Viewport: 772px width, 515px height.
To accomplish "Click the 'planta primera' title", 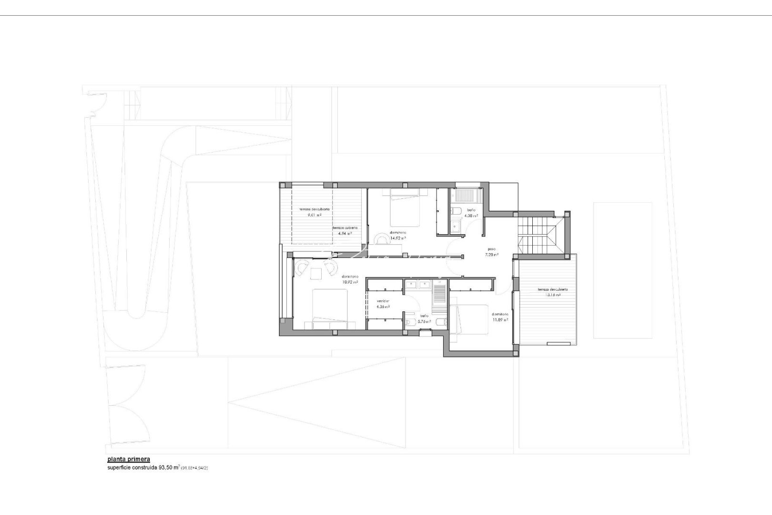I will [x=129, y=459].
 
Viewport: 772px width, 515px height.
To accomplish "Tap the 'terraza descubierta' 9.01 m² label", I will [x=314, y=212].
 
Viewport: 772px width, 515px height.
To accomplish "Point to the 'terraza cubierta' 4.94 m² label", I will [x=344, y=231].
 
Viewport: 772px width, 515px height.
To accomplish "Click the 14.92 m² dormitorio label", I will [x=398, y=235].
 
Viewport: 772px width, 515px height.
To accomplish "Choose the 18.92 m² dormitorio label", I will [x=350, y=279].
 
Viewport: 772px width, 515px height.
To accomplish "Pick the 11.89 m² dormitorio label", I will [x=500, y=317].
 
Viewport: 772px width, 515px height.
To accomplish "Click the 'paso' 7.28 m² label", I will [x=492, y=252].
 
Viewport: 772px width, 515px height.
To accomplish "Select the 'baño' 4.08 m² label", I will [x=471, y=213].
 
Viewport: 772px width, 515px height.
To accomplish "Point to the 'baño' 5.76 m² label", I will [x=424, y=319].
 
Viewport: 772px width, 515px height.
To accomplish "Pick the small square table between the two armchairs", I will [x=315, y=273].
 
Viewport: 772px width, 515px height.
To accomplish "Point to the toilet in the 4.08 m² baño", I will [x=456, y=211].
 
